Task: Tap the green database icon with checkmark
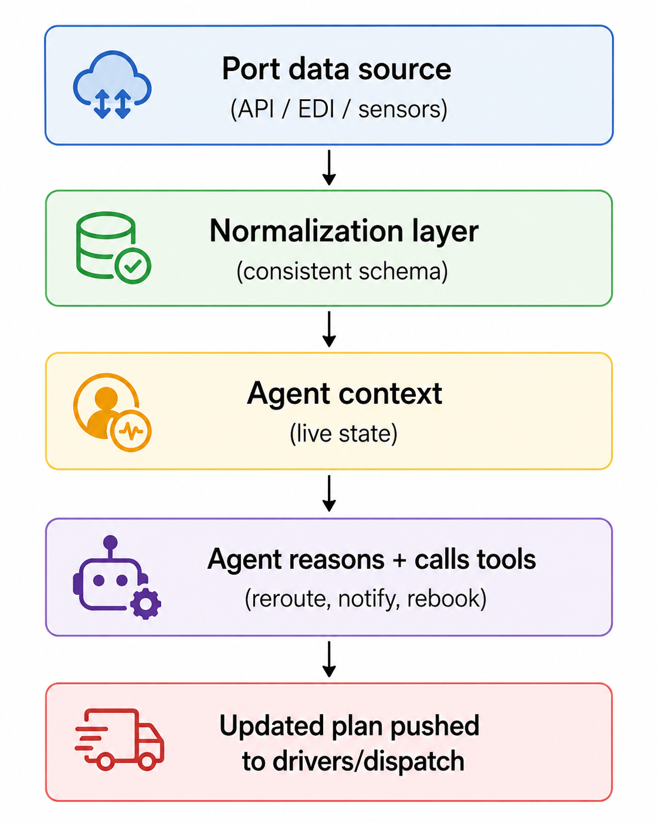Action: pos(113,247)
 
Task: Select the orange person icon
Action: pos(112,412)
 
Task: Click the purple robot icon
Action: pos(117,577)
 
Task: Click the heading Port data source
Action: pos(337,69)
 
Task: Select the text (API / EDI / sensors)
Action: pos(339,109)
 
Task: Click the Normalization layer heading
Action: pos(344,231)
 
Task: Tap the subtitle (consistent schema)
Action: pos(342,272)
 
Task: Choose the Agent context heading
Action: pos(344,393)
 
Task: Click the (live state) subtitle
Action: pos(344,434)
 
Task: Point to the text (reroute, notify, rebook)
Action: pos(366,599)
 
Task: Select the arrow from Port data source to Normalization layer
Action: pos(329,168)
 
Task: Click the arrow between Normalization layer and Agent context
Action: pos(329,329)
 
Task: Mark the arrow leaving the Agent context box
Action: pos(329,493)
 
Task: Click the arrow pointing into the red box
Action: pos(329,659)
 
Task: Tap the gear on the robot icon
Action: pos(145,604)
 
